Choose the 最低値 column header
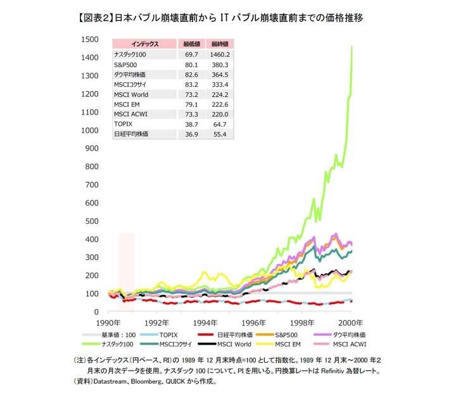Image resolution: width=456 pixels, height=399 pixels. pyautogui.click(x=191, y=44)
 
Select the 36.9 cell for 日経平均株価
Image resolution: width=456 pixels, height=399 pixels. pyautogui.click(x=191, y=135)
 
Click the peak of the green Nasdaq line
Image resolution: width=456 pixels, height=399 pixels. pyautogui.click(x=351, y=46)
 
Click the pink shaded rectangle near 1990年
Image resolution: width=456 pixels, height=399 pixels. pyautogui.click(x=126, y=259)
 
